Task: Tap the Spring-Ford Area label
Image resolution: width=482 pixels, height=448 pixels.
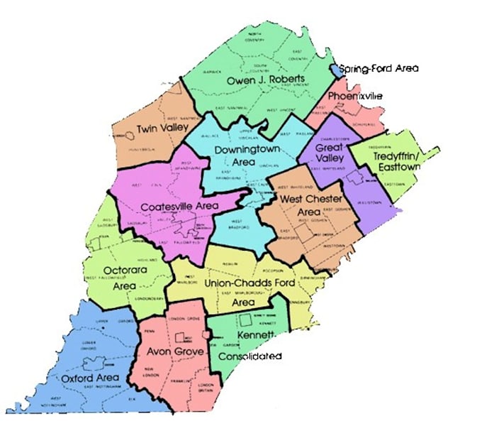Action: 379,69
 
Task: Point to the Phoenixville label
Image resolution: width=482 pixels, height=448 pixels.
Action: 355,95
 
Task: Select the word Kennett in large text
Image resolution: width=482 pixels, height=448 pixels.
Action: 255,334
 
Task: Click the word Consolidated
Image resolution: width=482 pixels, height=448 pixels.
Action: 250,356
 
